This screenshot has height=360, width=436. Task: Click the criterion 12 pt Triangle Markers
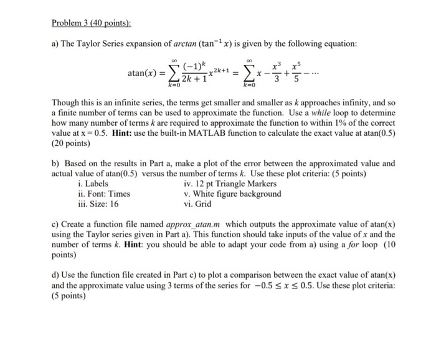click(x=230, y=184)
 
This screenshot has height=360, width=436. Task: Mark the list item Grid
click(x=203, y=204)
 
